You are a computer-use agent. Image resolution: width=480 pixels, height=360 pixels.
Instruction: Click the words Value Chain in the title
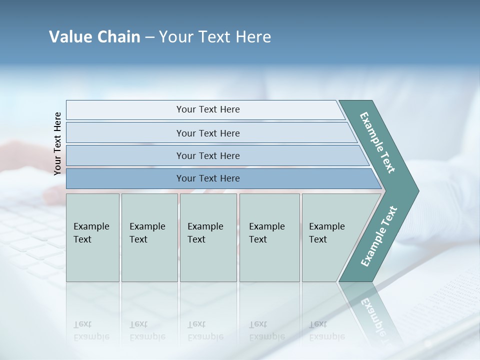pos(94,37)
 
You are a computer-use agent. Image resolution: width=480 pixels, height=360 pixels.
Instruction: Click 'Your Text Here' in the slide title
pos(215,37)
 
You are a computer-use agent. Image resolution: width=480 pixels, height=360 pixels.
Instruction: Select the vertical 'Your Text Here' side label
pos(57,143)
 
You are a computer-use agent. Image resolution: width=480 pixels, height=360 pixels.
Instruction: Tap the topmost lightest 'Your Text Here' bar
pos(207,109)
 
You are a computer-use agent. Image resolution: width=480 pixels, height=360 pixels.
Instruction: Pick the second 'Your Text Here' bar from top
pos(207,133)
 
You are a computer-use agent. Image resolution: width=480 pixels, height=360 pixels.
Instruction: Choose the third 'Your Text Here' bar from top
pos(207,155)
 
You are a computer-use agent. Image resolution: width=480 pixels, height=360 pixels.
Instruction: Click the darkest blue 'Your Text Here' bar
pos(207,178)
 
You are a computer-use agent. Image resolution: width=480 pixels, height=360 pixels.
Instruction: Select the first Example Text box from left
pos(92,237)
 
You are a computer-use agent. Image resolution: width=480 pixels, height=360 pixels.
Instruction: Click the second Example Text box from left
pos(149,237)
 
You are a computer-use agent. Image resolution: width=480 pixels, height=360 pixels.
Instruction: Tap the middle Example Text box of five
pos(208,237)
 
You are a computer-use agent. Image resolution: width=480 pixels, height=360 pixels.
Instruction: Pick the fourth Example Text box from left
pos(269,237)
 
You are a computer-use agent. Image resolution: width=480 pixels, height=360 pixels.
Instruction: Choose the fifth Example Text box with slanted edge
pos(330,237)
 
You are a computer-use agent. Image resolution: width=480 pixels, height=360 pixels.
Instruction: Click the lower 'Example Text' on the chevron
pos(378,236)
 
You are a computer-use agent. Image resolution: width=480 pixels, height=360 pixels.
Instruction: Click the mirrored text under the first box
pos(91,330)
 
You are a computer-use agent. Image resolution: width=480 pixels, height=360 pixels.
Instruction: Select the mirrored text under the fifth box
pos(327,330)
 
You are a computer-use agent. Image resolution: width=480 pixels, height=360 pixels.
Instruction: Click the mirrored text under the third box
pos(205,330)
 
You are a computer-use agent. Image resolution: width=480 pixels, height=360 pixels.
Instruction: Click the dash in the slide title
pos(149,37)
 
